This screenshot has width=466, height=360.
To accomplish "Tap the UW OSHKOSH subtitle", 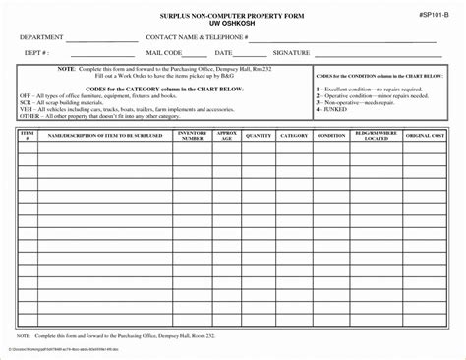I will tap(234, 25).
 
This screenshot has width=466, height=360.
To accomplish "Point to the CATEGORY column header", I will tap(294, 136).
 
